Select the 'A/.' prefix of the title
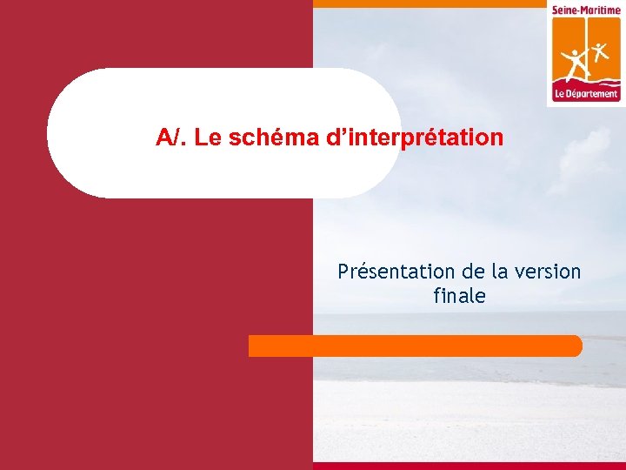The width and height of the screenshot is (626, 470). point(172,138)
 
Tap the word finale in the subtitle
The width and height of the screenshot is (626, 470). point(459,296)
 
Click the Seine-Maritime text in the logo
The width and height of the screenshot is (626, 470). point(586,10)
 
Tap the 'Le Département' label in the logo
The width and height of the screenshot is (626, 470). point(586,94)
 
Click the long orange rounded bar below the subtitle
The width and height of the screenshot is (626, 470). point(415,346)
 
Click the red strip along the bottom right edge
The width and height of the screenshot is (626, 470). point(469,466)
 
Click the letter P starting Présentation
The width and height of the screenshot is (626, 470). point(343,272)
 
